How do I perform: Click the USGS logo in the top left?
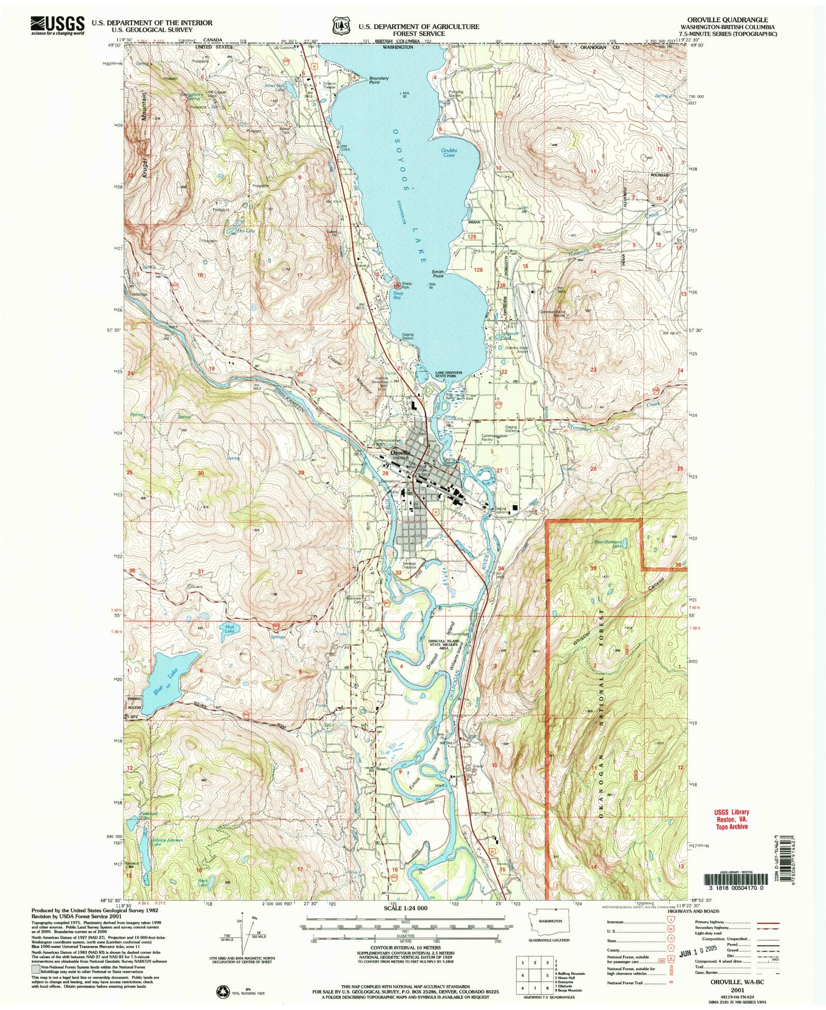pyautogui.click(x=57, y=25)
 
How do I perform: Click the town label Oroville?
pyautogui.click(x=400, y=453)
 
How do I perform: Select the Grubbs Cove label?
pyautogui.click(x=449, y=153)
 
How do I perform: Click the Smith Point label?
pyautogui.click(x=438, y=274)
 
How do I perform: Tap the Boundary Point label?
pyautogui.click(x=378, y=80)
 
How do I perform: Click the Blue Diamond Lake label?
pyautogui.click(x=608, y=543)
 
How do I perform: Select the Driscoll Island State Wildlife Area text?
pyautogui.click(x=440, y=646)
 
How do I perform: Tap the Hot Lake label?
pyautogui.click(x=246, y=231)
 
